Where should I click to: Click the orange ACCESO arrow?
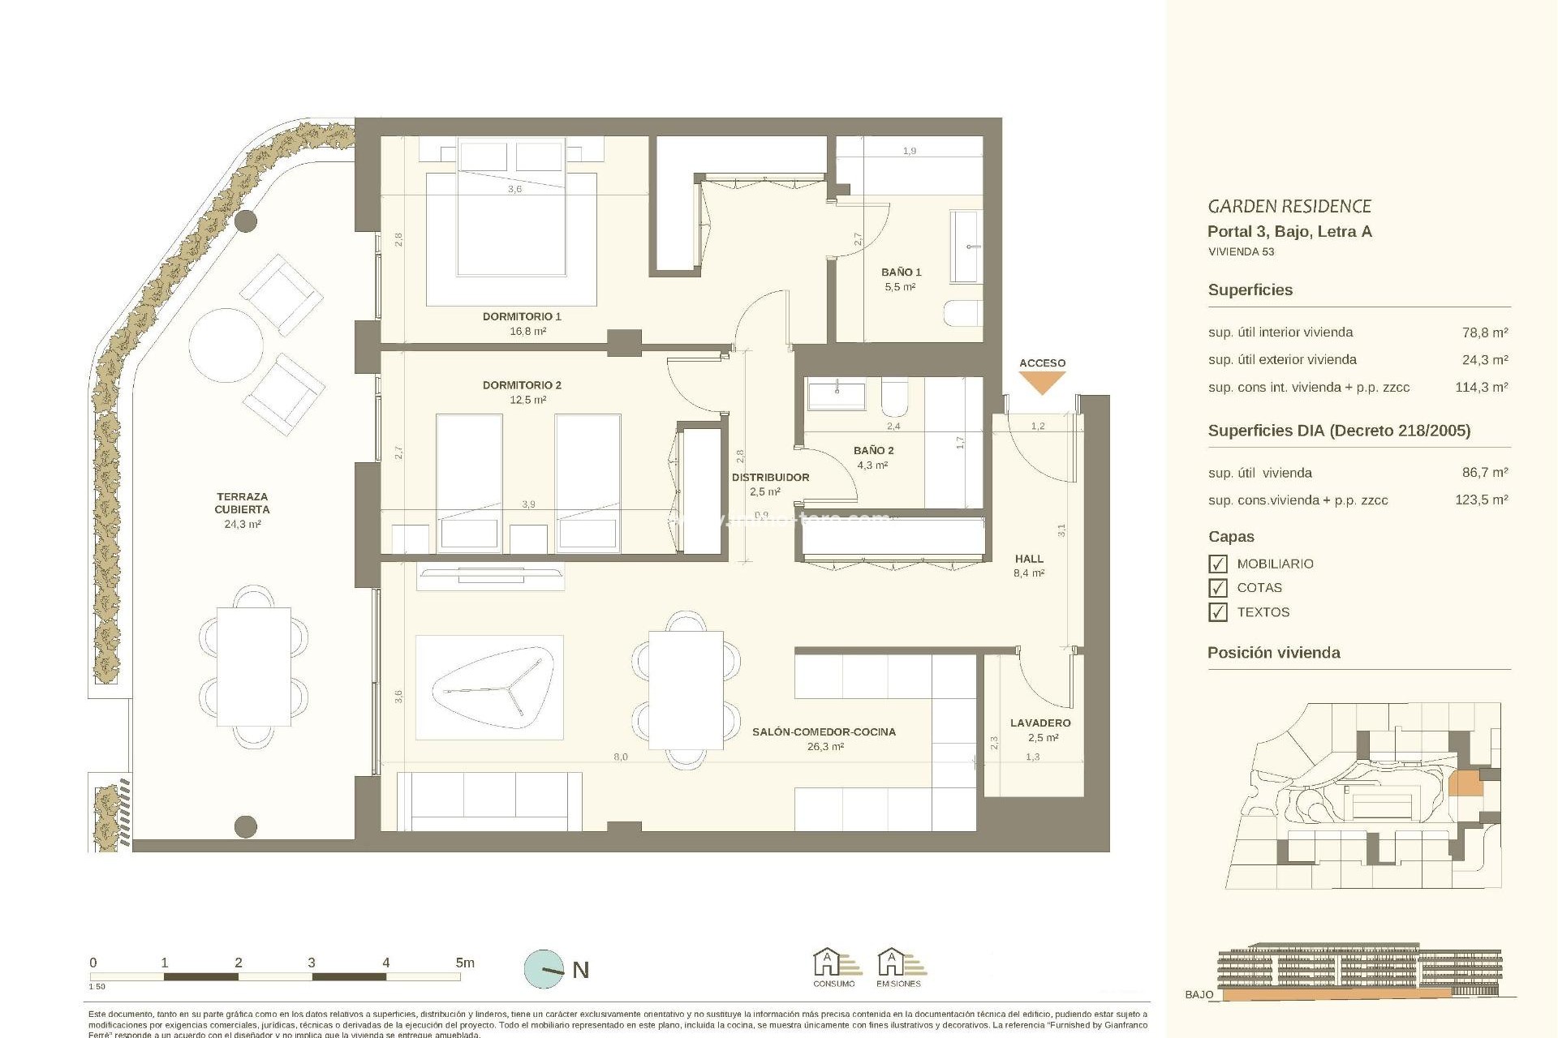(1042, 382)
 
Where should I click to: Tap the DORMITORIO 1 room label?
(522, 316)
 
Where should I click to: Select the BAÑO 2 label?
(873, 450)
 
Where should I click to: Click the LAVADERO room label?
(1040, 723)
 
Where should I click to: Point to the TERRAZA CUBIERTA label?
(242, 503)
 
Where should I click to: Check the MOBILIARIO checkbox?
(1218, 564)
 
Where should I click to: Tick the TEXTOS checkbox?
(1218, 612)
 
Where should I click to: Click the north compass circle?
(544, 969)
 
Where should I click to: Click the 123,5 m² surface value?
(1481, 500)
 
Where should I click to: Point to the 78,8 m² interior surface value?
(1484, 332)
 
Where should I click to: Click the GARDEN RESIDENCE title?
(1289, 207)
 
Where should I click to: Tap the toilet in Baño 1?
(964, 314)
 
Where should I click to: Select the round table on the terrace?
(226, 345)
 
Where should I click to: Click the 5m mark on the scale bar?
(464, 963)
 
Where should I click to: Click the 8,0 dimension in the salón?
(620, 757)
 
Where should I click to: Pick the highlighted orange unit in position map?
(1465, 784)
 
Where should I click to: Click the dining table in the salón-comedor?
(686, 690)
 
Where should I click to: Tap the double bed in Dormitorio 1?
(511, 235)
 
